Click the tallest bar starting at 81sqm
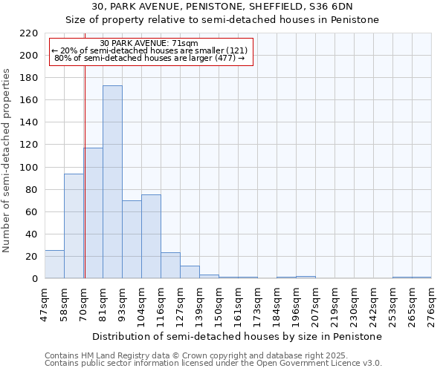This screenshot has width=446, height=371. click(112, 182)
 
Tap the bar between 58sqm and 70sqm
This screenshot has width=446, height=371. click(74, 226)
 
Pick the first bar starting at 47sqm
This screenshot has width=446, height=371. click(54, 264)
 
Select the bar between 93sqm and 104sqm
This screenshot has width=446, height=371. click(132, 240)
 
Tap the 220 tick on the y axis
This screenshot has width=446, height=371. click(29, 33)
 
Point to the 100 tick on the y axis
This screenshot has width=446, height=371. click(29, 167)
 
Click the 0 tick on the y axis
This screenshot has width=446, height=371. click(34, 279)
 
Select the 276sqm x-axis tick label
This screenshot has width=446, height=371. click(431, 304)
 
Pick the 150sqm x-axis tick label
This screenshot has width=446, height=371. click(219, 304)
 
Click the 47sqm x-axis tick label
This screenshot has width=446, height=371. click(45, 304)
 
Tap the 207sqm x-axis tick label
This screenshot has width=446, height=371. click(315, 304)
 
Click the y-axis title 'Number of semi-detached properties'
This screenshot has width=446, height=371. click(7, 160)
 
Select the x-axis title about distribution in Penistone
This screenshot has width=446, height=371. click(238, 336)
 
